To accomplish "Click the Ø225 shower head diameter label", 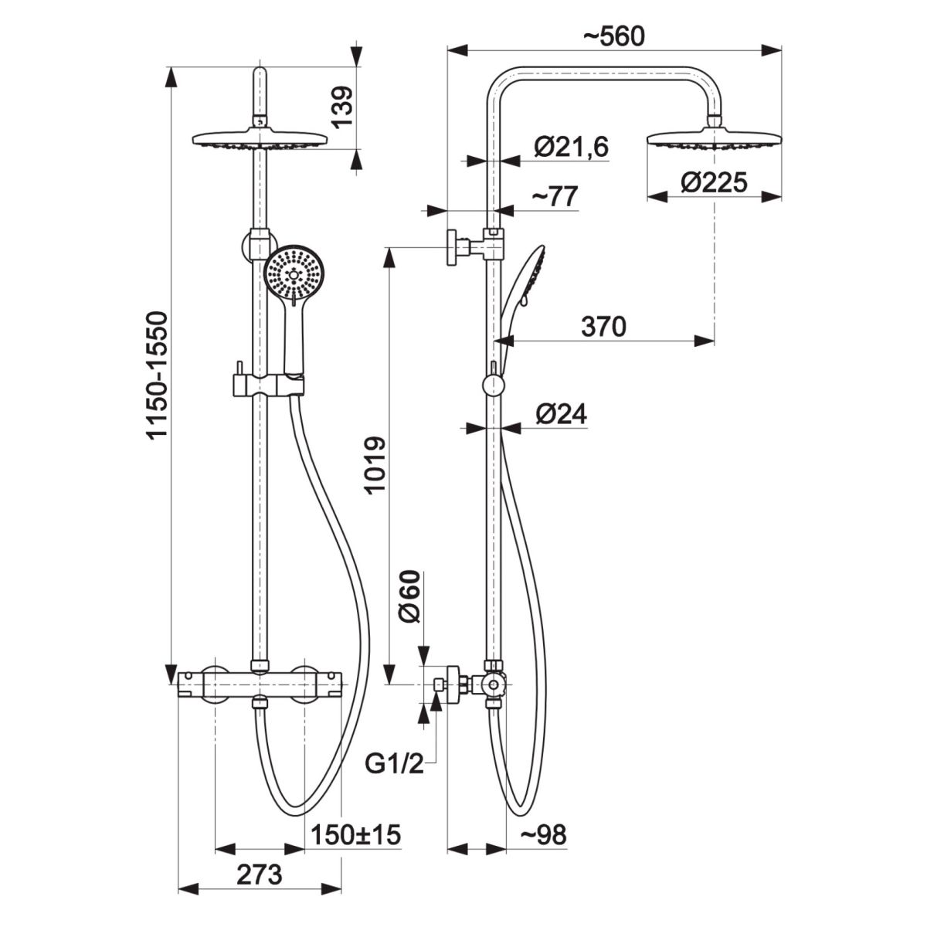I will click(714, 182).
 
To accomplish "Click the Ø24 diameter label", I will click(560, 415).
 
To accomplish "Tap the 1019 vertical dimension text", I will click(374, 466).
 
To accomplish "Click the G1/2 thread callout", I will click(393, 764).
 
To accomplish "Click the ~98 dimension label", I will click(542, 834).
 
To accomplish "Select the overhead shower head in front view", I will click(260, 140).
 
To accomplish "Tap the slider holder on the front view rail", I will click(267, 384).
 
